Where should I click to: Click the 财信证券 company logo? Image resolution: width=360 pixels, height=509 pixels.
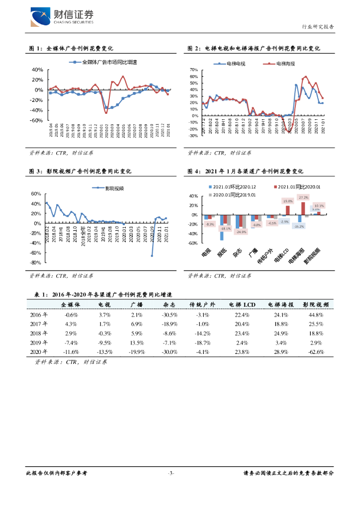[62, 17]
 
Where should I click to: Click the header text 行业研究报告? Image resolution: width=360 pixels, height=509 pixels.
[318, 27]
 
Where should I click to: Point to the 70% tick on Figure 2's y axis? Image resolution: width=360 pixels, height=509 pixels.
[194, 70]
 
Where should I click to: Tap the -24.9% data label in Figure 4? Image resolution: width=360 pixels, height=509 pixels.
[242, 232]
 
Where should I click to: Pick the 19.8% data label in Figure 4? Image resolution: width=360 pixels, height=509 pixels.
[288, 201]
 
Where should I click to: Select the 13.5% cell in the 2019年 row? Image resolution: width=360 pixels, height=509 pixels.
[137, 342]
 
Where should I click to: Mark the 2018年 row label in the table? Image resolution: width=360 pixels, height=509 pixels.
[39, 333]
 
